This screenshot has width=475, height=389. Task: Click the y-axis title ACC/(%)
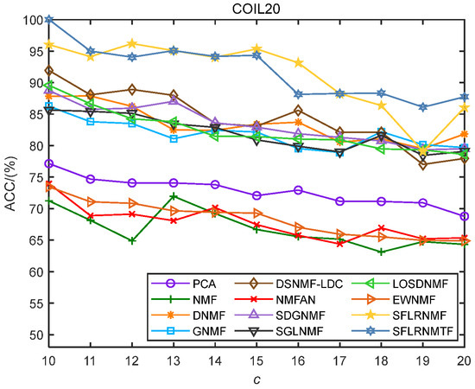pyautogui.click(x=10, y=177)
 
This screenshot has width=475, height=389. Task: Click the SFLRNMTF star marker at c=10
pyautogui.click(x=50, y=19)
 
